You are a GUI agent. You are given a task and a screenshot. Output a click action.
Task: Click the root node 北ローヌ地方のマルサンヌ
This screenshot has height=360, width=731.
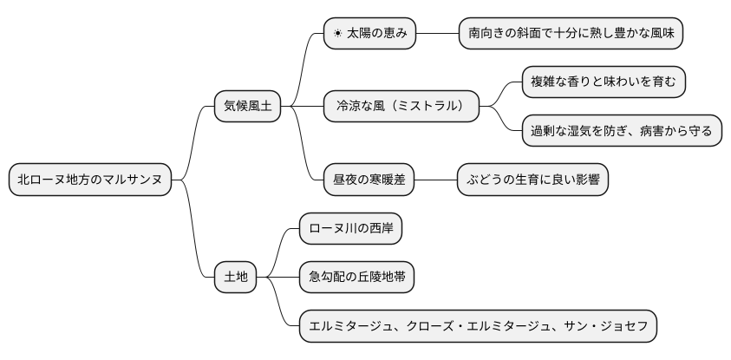pyautogui.click(x=90, y=180)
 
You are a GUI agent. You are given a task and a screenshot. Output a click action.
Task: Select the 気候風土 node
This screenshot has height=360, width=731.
pyautogui.click(x=247, y=107)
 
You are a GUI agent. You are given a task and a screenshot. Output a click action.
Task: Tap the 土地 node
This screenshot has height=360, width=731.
pyautogui.click(x=236, y=277)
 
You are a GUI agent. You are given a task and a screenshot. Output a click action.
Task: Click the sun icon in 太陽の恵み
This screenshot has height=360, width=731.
pyautogui.click(x=337, y=34)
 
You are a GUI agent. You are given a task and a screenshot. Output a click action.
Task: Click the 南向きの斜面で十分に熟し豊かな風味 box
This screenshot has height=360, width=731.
pyautogui.click(x=571, y=34)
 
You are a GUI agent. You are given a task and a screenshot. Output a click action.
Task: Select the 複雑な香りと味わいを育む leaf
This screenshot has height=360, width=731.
pyautogui.click(x=604, y=82)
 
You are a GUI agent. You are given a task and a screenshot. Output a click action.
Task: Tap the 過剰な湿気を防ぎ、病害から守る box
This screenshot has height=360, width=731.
pyautogui.click(x=622, y=131)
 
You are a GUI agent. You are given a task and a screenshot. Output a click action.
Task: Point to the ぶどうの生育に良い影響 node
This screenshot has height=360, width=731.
pyautogui.click(x=532, y=180)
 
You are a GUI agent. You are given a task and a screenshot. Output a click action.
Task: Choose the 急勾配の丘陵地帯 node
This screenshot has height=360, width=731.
pyautogui.click(x=356, y=277)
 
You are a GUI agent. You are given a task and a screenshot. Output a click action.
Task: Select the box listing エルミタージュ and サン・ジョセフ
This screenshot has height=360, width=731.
pyautogui.click(x=478, y=326)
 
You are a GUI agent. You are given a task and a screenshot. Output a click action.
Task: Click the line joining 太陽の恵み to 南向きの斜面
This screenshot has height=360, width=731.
pyautogui.click(x=436, y=34)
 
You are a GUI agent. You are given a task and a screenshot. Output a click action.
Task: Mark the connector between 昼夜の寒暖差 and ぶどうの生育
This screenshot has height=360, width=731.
pyautogui.click(x=436, y=180)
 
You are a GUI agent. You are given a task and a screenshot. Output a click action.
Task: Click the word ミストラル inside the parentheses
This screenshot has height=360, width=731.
pyautogui.click(x=426, y=107)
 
